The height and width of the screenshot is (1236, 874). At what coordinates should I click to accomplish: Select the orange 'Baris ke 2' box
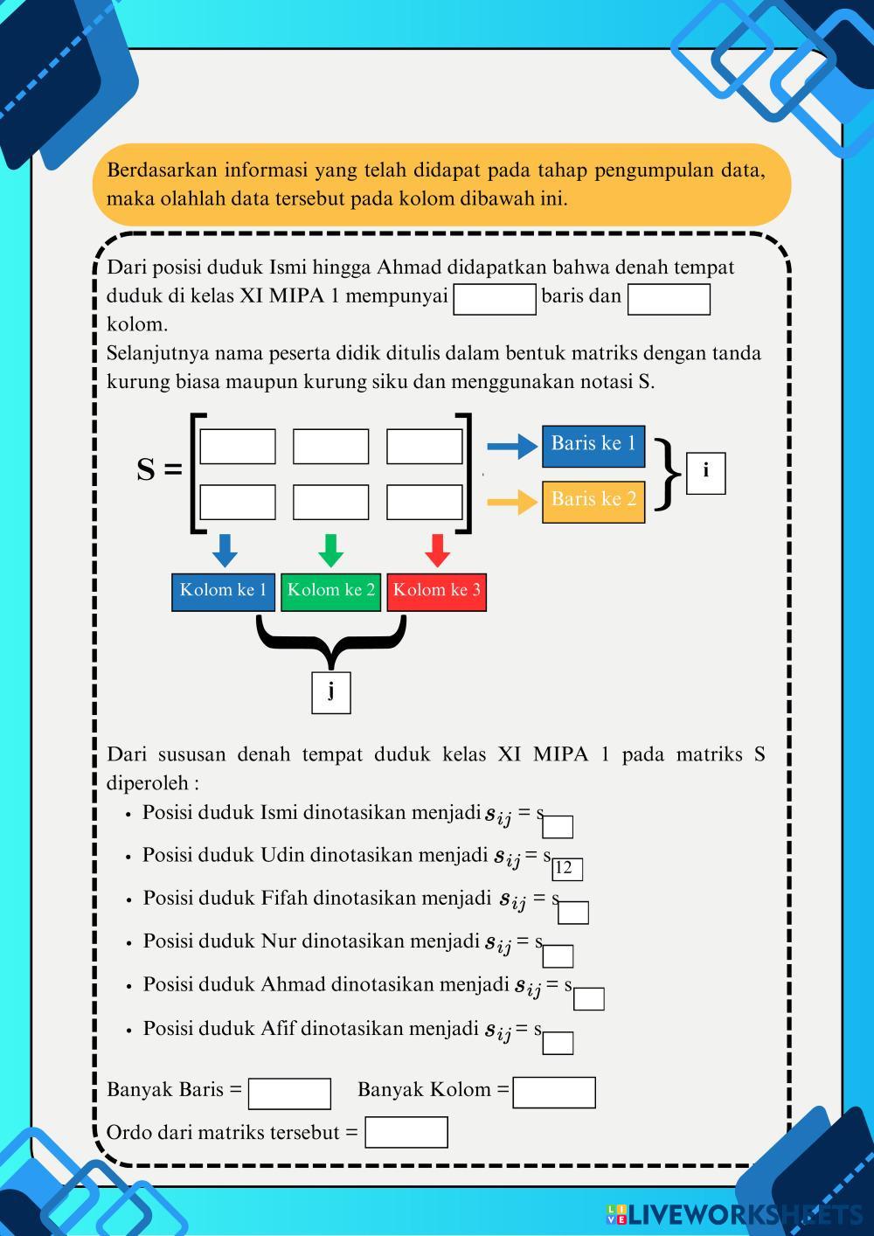(x=593, y=502)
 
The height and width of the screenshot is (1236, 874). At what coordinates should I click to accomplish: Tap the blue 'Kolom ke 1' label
(x=224, y=592)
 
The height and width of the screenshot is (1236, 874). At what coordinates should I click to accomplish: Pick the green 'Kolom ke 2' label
(x=330, y=592)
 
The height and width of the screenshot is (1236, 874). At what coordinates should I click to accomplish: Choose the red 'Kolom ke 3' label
(x=436, y=592)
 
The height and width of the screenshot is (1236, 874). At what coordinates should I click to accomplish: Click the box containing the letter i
(x=705, y=473)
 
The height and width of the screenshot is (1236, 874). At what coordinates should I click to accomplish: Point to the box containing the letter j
(x=331, y=692)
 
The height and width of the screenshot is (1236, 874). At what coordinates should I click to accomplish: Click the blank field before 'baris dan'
(x=495, y=299)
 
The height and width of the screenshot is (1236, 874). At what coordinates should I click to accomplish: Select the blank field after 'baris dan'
(x=669, y=299)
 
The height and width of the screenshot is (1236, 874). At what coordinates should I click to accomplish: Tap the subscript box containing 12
(x=566, y=868)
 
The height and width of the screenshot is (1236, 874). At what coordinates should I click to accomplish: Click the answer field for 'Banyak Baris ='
(x=289, y=1094)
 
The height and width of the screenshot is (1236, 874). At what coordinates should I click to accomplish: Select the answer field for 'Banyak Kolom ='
(x=554, y=1093)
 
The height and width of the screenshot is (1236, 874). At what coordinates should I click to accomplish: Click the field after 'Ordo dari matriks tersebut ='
(x=406, y=1132)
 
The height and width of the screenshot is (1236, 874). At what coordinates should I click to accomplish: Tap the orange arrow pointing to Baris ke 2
(x=512, y=503)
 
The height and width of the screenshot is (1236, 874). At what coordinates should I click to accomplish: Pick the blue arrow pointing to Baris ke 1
(x=512, y=447)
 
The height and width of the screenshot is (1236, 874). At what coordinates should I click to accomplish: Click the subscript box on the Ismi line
(x=558, y=827)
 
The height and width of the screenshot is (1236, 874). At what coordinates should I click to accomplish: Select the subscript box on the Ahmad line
(x=589, y=999)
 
